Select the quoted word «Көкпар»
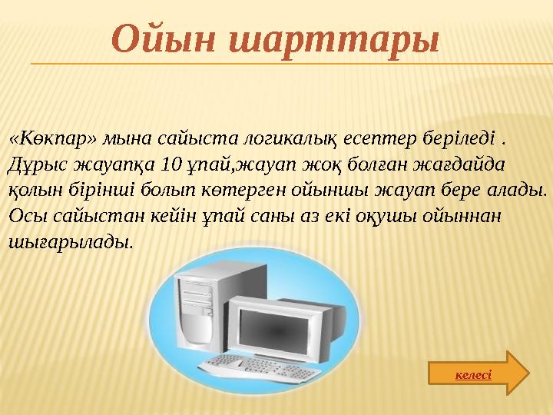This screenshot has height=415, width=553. pos(53,139)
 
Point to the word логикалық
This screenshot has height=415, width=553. pos(280,139)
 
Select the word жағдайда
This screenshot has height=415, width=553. pos(470,164)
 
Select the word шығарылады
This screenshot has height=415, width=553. pos(69,242)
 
